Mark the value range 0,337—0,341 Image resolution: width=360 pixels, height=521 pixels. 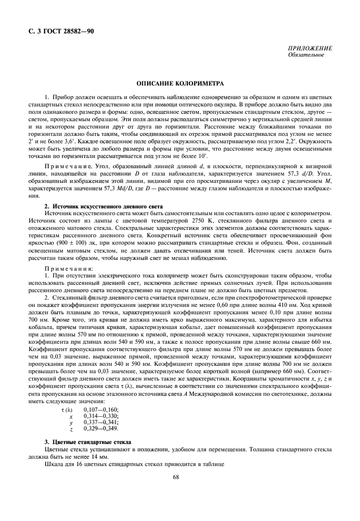pos(101,422)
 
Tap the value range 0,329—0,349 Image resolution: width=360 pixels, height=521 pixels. pos(101,429)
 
